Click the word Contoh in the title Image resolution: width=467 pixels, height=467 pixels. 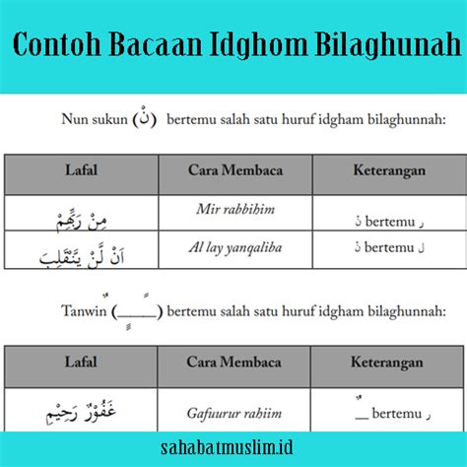[57, 44]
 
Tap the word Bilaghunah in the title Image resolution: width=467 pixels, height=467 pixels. [388, 44]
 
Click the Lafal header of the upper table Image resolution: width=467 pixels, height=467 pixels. [81, 170]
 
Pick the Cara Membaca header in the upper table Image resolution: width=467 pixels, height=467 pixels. [235, 170]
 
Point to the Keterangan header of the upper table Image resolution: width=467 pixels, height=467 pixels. [389, 170]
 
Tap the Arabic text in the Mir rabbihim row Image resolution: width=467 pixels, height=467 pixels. [82, 222]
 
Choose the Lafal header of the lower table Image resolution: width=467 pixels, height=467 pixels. [81, 362]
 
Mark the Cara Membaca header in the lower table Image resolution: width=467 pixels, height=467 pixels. [233, 363]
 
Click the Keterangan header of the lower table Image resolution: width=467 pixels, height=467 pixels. [387, 363]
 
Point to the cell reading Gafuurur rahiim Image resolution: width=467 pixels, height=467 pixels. [234, 414]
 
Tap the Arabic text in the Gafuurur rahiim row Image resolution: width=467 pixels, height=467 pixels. [81, 412]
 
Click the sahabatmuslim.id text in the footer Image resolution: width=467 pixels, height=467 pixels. [227, 447]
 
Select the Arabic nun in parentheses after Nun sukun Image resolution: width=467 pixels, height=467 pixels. [145, 117]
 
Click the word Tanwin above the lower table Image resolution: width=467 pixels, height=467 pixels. [84, 310]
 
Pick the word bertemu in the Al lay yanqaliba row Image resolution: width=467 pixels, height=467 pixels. [389, 247]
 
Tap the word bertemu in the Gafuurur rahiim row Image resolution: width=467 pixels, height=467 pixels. [397, 414]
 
